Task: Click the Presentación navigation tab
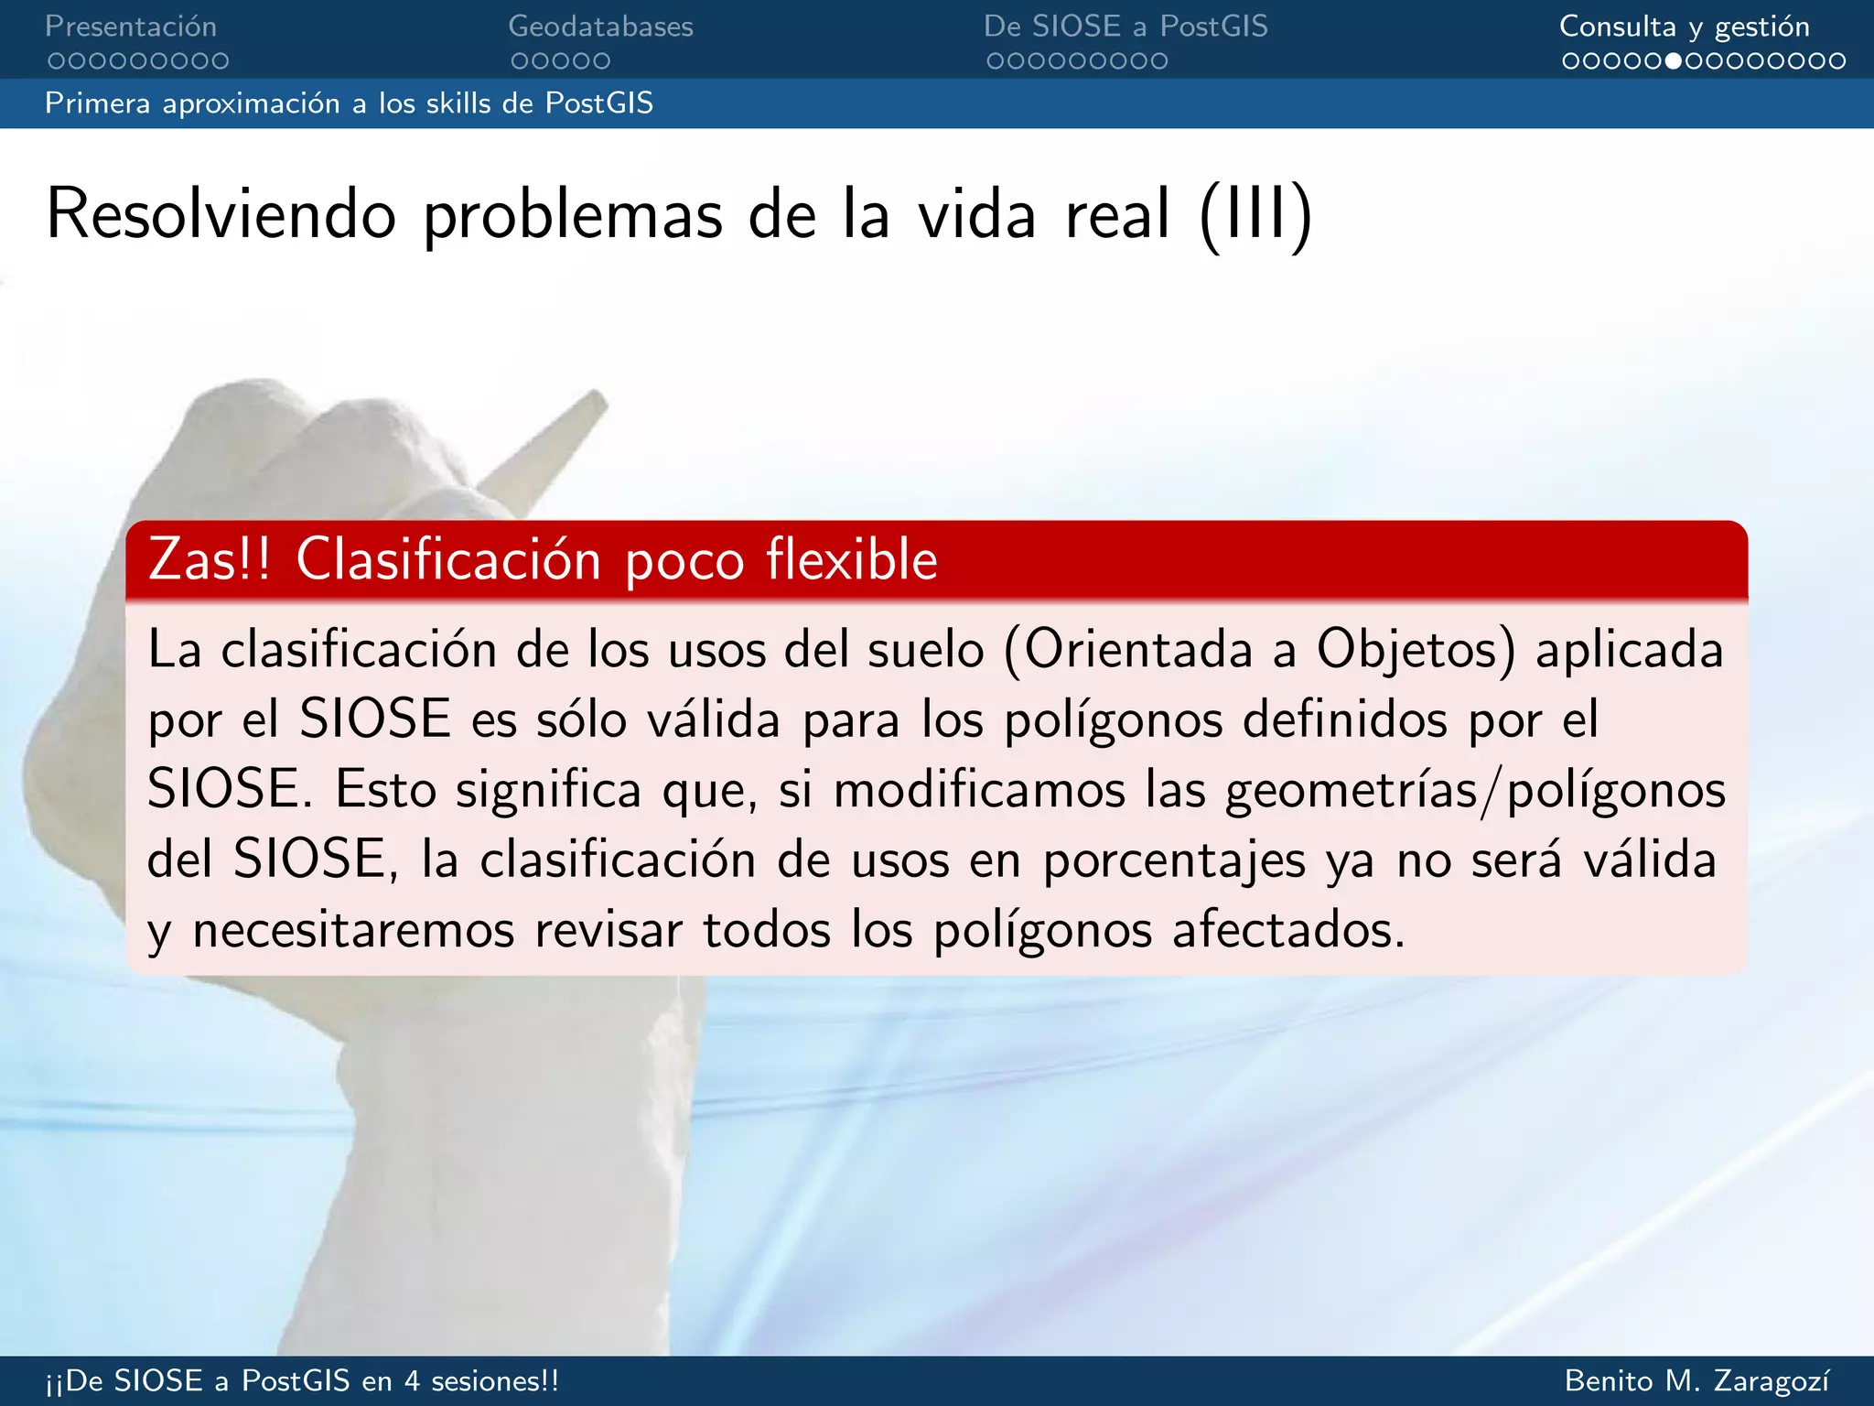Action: [131, 27]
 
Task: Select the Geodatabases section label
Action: [600, 27]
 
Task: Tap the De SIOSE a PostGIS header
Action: [1125, 27]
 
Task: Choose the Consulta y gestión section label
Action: [1684, 27]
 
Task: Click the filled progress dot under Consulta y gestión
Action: [1674, 61]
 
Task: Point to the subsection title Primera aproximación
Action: [348, 103]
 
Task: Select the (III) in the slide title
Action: [1255, 214]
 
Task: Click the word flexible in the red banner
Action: [852, 559]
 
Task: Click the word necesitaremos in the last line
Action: [354, 931]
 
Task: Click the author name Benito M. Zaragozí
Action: [1697, 1380]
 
